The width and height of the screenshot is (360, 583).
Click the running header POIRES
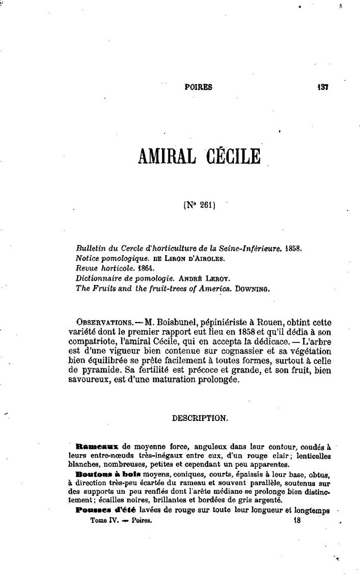(x=198, y=87)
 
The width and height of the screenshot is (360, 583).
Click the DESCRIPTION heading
(x=200, y=418)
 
